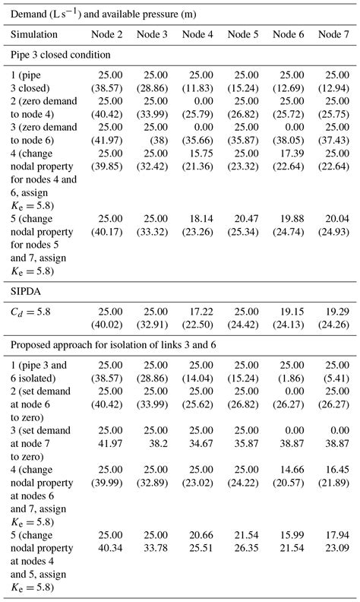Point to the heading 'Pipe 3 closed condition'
60,55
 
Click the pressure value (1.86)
293,388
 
